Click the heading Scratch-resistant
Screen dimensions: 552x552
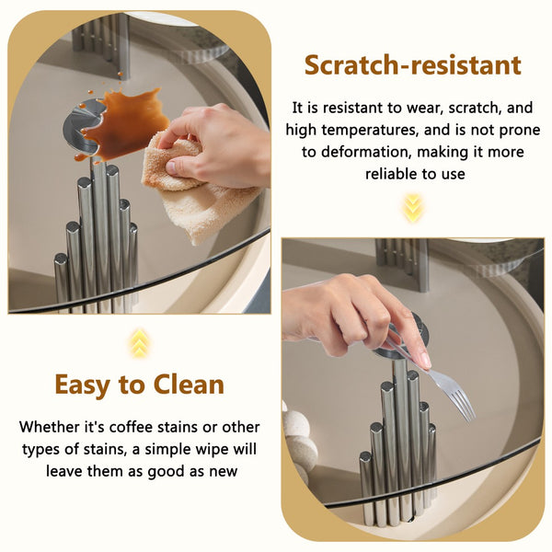pos(412,65)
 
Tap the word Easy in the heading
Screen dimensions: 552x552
pos(82,385)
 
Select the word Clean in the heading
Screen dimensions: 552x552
pos(189,384)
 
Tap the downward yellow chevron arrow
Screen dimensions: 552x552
pos(412,208)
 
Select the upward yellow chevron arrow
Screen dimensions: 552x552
pos(140,343)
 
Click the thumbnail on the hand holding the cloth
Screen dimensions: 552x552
pos(171,167)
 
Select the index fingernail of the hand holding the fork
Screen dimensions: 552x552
pos(425,361)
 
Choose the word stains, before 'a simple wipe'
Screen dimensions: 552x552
pos(106,450)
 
